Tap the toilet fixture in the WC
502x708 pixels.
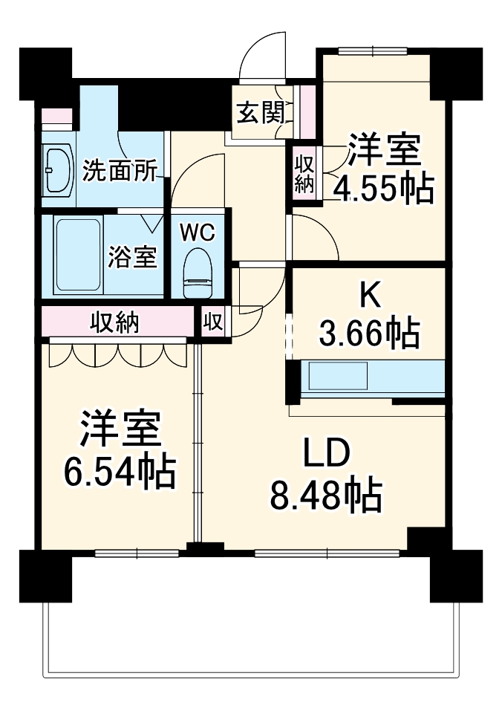tap(198, 273)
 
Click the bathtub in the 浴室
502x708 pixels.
tap(77, 255)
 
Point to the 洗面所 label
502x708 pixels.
tap(120, 171)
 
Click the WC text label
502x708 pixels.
tap(198, 233)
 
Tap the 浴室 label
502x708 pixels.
tap(132, 256)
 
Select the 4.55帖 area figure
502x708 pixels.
tap(384, 188)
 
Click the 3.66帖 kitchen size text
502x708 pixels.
tap(369, 334)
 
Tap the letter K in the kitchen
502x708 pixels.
tap(369, 296)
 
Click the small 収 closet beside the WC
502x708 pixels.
tap(213, 322)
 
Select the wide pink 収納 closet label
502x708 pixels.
tap(114, 322)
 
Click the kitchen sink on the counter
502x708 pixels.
tap(337, 375)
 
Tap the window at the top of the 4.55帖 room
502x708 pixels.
tap(373, 50)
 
